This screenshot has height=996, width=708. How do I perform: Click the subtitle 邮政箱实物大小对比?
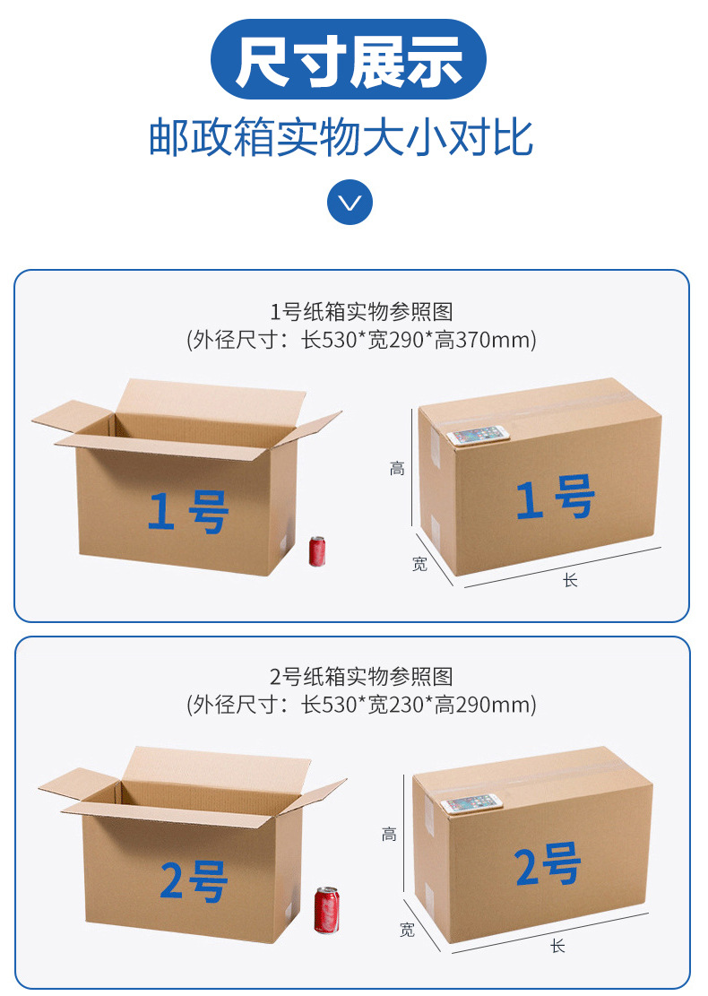pos(341,138)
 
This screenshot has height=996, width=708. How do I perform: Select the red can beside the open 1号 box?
pos(317,551)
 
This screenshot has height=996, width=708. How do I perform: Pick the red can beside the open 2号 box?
pos(325,910)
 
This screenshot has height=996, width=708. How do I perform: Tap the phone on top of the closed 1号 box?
pos(478,436)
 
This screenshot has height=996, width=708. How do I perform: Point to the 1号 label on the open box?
pos(188,512)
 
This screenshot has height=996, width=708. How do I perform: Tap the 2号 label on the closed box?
pos(548,865)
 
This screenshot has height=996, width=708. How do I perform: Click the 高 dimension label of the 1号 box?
pos(397,468)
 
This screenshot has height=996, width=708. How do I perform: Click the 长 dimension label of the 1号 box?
pos(570,580)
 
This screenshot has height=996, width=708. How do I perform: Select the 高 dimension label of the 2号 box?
pos(389,834)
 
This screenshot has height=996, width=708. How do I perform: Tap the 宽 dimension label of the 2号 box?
pos(408,930)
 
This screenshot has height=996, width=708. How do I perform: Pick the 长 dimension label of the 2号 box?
pos(557,946)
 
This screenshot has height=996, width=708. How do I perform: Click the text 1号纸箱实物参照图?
pos(361,312)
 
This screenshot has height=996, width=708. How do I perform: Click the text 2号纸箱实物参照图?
pos(361,677)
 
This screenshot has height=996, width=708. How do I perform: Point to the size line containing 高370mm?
pos(361,340)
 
